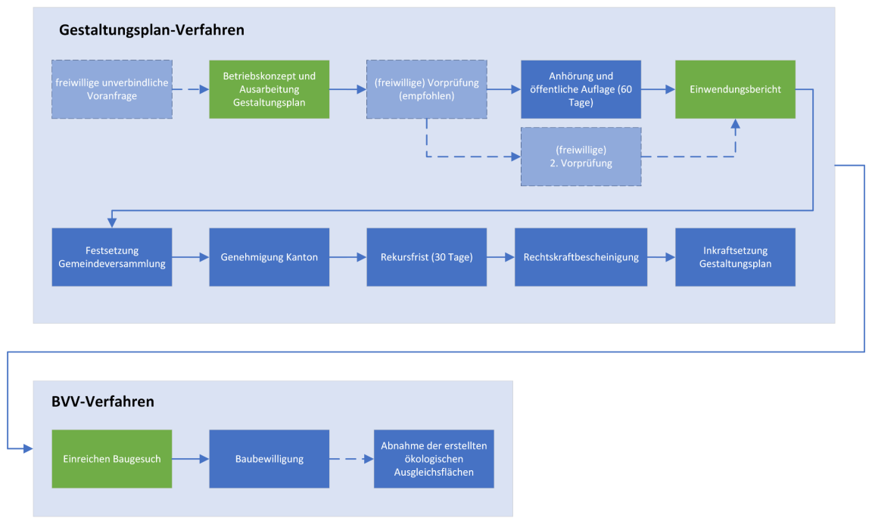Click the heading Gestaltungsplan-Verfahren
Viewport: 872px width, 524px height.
(x=151, y=30)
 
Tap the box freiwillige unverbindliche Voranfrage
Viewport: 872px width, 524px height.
(x=112, y=89)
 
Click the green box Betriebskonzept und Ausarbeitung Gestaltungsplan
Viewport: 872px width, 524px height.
(x=269, y=89)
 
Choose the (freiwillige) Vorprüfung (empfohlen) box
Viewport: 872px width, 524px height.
(x=427, y=89)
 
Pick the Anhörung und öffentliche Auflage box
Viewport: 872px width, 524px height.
(x=581, y=89)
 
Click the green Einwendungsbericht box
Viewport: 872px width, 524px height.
(x=735, y=89)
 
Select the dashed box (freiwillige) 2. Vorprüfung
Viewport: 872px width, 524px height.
(x=581, y=157)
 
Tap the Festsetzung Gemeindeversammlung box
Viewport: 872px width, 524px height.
(x=112, y=257)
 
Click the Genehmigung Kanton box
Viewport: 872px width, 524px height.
(x=269, y=257)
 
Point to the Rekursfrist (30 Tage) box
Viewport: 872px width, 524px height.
(x=427, y=257)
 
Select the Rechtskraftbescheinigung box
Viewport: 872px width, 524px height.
(x=581, y=257)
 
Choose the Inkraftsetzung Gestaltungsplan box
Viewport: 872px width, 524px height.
(x=735, y=257)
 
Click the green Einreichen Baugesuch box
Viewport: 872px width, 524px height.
(x=112, y=459)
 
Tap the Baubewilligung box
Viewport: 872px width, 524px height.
(x=269, y=459)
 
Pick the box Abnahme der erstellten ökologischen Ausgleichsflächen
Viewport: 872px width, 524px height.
(x=434, y=459)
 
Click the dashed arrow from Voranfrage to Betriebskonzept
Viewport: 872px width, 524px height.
(x=191, y=89)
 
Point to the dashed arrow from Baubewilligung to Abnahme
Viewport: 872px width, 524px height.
(x=351, y=459)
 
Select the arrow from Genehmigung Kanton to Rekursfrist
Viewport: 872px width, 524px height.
(x=348, y=257)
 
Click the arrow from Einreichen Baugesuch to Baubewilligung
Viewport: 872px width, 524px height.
(x=191, y=459)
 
